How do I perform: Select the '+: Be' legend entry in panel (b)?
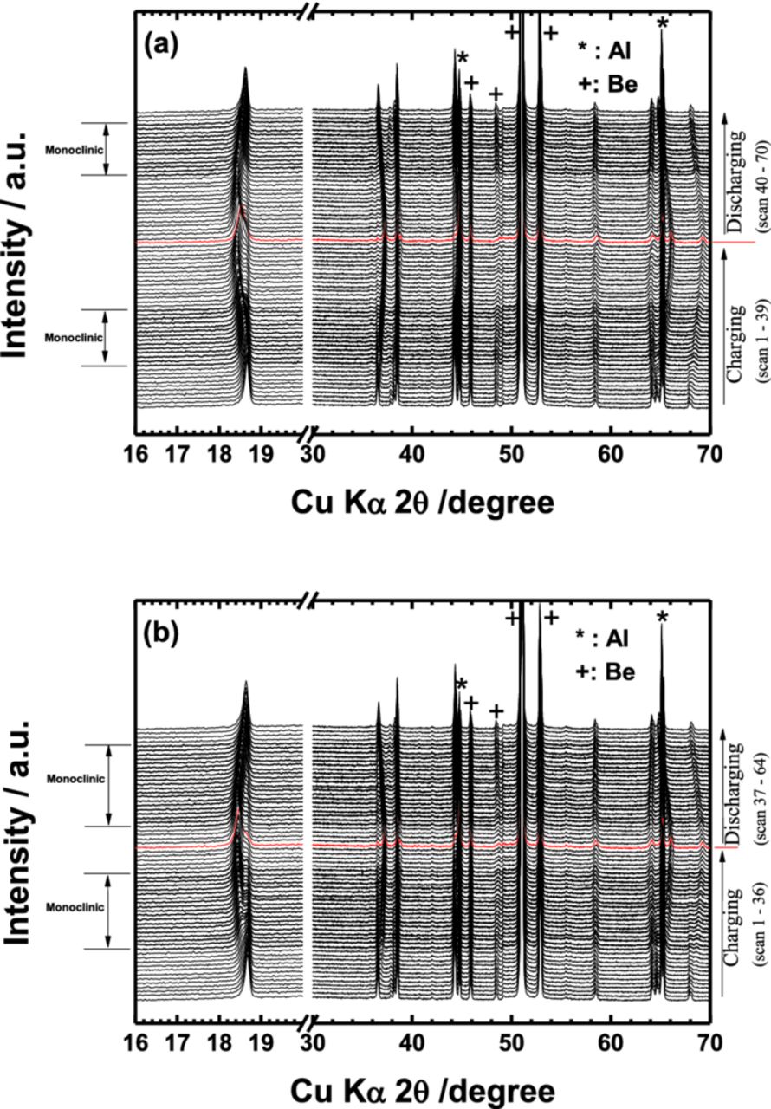click(607, 670)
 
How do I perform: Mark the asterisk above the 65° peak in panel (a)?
click(663, 23)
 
